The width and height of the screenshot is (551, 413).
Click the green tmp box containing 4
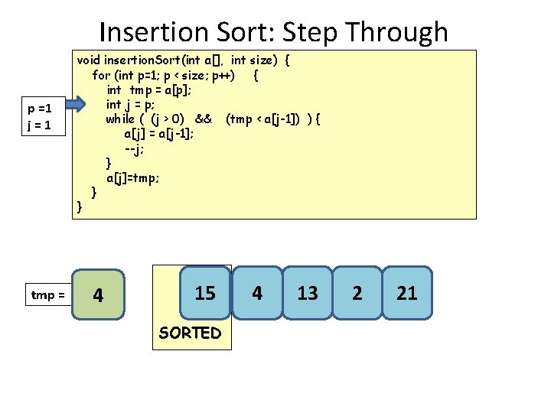[x=97, y=294]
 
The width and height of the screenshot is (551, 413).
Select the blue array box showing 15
[x=205, y=292]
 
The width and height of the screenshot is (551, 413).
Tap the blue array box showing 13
[x=308, y=293]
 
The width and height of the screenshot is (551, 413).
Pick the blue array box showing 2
[x=357, y=293]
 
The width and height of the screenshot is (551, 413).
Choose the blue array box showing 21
[x=407, y=293]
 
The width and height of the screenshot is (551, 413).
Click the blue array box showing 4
[x=257, y=293]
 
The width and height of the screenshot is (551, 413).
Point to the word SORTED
[x=190, y=333]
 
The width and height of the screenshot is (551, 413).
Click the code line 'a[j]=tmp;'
[x=133, y=177]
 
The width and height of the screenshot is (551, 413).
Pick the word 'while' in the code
[x=120, y=119]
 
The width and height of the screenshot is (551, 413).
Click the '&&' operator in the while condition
[x=203, y=119]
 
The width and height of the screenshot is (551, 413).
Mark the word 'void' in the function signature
[x=88, y=60]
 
